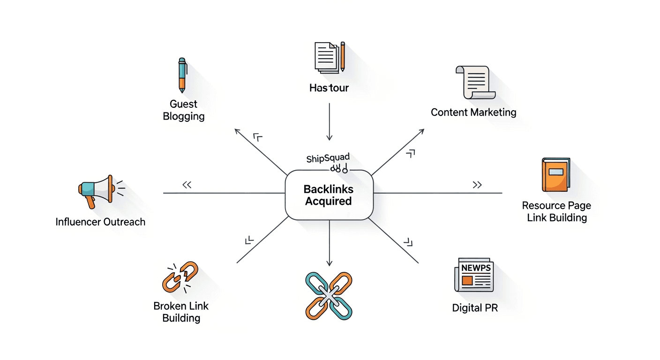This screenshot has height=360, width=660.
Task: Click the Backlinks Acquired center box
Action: pos(329,195)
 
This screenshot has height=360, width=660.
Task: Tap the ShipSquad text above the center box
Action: pos(328,158)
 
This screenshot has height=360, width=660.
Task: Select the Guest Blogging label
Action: pos(184,110)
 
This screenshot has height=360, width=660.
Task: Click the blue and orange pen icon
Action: pos(182,75)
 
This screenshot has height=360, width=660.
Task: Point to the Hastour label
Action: pos(329,88)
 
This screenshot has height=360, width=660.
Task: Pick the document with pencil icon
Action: pos(330,57)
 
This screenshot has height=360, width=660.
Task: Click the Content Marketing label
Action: pos(473,112)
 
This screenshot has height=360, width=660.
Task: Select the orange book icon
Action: pos(555,175)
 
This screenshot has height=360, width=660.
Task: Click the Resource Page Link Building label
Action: pos(556,211)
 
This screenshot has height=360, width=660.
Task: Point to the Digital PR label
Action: pos(475,308)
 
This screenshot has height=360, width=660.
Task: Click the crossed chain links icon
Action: pos(329,296)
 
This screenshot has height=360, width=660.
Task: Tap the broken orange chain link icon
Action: pos(180,277)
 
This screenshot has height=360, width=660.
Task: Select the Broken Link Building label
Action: pos(181,312)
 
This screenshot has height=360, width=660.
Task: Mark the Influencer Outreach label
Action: pos(100,222)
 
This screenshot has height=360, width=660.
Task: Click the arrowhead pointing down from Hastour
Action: pos(330,137)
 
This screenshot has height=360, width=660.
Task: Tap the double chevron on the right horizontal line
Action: pos(477,185)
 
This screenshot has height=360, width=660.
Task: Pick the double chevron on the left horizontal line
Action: pos(187,185)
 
